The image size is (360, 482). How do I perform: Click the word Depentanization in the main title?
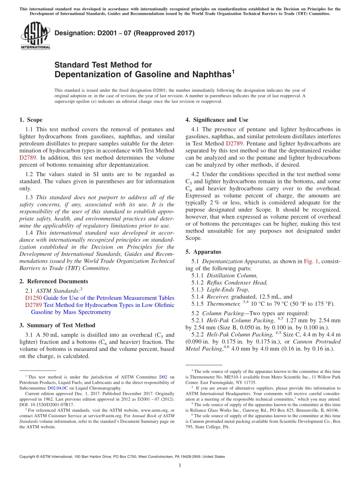tap(84, 74)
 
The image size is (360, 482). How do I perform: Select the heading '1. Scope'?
tap(31, 120)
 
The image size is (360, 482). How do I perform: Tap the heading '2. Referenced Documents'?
tap(53, 281)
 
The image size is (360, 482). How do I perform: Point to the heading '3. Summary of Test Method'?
tap(57, 325)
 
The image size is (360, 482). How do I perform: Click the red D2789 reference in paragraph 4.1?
tap(234, 144)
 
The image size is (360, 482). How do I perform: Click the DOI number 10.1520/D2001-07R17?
tap(52, 405)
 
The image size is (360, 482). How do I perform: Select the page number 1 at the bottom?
tap(180, 466)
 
